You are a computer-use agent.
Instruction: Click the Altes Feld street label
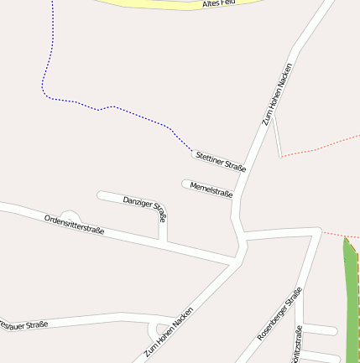(x=219, y=5)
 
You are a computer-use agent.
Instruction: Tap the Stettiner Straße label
(x=220, y=161)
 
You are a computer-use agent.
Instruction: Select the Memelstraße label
(x=211, y=189)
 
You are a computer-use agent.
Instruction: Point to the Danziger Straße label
(x=145, y=209)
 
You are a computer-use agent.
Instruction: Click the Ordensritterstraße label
(x=74, y=224)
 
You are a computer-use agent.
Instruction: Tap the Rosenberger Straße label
(x=279, y=313)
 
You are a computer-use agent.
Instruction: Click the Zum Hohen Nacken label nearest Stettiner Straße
(x=279, y=94)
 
